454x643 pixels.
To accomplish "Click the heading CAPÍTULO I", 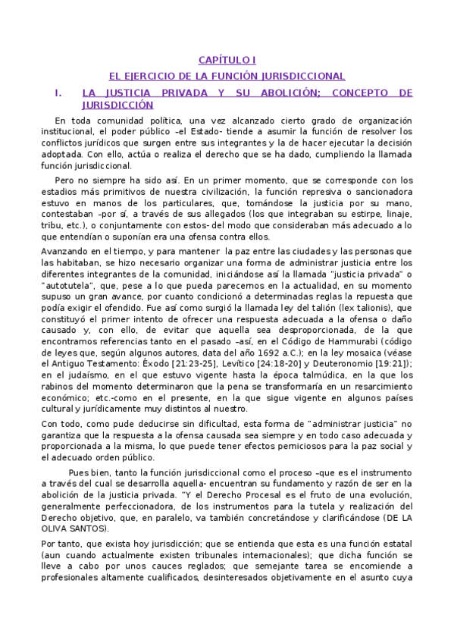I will point(227,59).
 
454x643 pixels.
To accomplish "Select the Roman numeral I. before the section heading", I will point(58,93).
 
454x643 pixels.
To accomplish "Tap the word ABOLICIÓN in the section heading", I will point(288,93).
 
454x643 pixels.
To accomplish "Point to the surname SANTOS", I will point(84,529).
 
